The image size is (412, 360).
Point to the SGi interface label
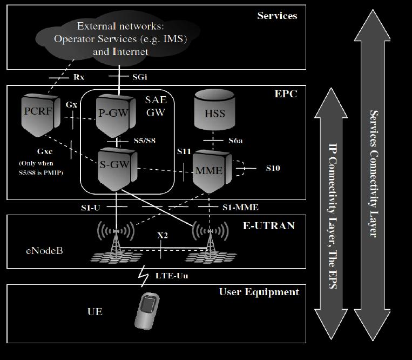[138, 77]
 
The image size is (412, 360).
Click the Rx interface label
[78, 77]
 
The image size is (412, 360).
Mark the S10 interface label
[273, 168]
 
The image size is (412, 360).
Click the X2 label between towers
[162, 236]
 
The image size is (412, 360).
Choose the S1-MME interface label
[240, 207]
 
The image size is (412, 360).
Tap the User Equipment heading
[259, 292]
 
